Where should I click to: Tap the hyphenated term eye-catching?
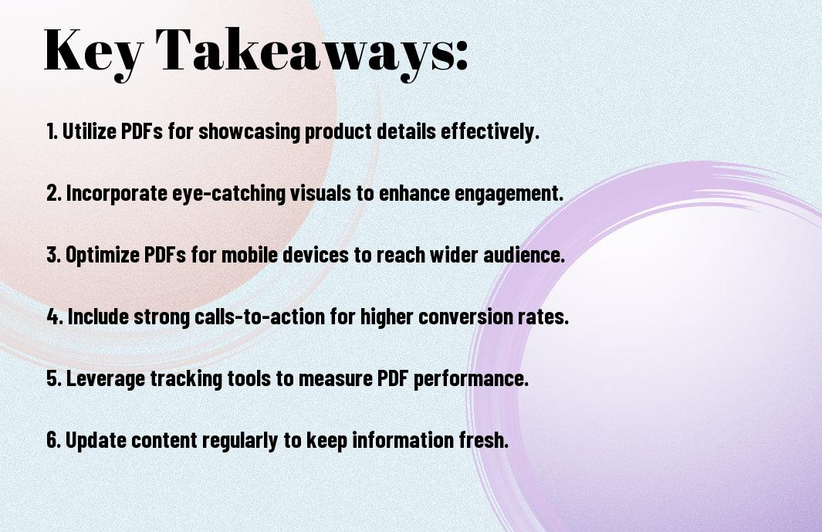[x=228, y=194]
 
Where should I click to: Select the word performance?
[x=471, y=379]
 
